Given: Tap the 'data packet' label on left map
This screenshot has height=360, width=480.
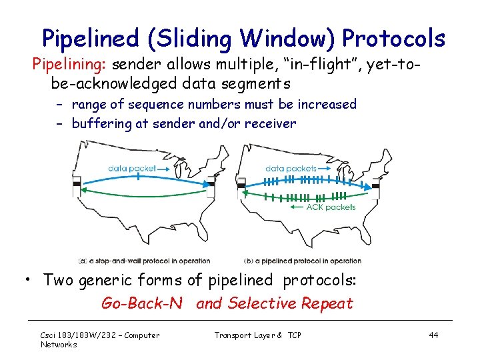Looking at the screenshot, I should click(x=132, y=169).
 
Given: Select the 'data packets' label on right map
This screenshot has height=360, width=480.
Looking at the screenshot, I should click(x=291, y=169).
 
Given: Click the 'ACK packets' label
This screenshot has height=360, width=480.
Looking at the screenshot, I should click(x=331, y=207).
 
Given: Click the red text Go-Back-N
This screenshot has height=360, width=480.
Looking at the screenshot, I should click(x=141, y=303).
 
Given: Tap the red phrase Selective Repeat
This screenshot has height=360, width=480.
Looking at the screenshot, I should click(x=290, y=303).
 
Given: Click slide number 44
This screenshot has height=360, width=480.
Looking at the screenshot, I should click(x=433, y=335).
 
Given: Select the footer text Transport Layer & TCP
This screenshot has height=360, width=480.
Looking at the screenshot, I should click(x=257, y=335).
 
